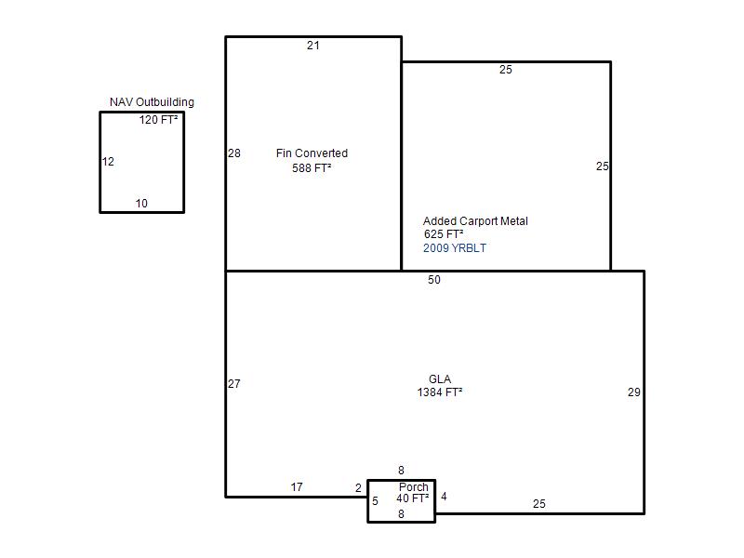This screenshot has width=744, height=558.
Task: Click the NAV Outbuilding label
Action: click(152, 102)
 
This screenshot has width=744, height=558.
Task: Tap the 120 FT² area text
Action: click(158, 120)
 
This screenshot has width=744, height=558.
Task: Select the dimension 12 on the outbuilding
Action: click(108, 162)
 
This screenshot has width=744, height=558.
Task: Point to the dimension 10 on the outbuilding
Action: click(141, 204)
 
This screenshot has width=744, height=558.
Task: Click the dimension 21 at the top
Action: click(313, 46)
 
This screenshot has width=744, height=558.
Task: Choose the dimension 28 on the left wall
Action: click(234, 153)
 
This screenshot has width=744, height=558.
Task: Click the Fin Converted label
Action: click(312, 153)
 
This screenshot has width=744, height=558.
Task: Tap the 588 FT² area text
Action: click(312, 168)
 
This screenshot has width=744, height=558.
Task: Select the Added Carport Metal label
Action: click(475, 221)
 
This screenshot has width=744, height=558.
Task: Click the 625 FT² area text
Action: click(444, 234)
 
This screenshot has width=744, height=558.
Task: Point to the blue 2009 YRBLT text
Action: click(455, 248)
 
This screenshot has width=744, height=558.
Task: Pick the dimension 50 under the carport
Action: click(434, 280)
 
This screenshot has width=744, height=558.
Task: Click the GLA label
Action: click(440, 379)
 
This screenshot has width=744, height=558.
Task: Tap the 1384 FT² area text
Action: click(440, 392)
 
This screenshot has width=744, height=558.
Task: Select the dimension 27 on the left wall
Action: click(234, 384)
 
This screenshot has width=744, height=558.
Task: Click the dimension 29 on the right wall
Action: click(634, 392)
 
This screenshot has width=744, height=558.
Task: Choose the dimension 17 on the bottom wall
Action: click(297, 487)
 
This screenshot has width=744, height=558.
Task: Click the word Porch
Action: click(414, 486)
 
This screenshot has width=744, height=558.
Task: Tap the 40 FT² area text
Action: click(413, 498)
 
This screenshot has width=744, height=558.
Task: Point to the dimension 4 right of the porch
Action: click(444, 497)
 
